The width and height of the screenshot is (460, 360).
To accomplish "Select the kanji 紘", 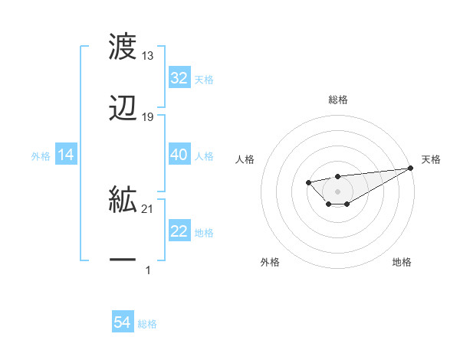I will pyautogui.click(x=123, y=201).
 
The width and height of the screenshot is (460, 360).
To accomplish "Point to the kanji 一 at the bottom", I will pyautogui.click(x=123, y=260).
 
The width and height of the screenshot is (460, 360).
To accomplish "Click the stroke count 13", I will pyautogui.click(x=148, y=56).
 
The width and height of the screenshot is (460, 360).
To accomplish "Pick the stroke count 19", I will pyautogui.click(x=148, y=117).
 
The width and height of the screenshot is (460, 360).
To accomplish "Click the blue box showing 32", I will pyautogui.click(x=179, y=78).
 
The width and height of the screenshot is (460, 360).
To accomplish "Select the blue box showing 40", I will pyautogui.click(x=179, y=155).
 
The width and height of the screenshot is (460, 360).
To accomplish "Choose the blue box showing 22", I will pyautogui.click(x=179, y=232).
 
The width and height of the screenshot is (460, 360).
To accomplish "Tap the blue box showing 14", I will pyautogui.click(x=66, y=155).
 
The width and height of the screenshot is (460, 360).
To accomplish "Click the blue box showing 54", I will pyautogui.click(x=123, y=323).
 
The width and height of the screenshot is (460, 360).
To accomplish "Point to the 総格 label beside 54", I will pyautogui.click(x=147, y=324).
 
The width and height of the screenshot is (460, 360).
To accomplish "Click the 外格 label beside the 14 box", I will pyautogui.click(x=41, y=155).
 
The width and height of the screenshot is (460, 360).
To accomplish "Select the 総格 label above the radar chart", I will pyautogui.click(x=337, y=100).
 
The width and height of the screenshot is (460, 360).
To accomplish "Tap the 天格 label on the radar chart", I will pyautogui.click(x=432, y=159).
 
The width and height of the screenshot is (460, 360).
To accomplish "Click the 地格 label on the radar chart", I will pyautogui.click(x=402, y=263).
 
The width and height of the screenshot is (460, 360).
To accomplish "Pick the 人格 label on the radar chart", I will pyautogui.click(x=245, y=159).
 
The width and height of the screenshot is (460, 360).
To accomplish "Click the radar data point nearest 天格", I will pyautogui.click(x=411, y=168).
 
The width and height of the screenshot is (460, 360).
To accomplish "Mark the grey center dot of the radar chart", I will pyautogui.click(x=337, y=191).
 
